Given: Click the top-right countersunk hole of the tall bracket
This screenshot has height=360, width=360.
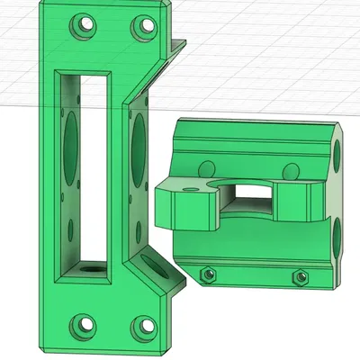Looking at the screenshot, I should pos(142,26).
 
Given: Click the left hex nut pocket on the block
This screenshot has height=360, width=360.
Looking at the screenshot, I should pos(208,273).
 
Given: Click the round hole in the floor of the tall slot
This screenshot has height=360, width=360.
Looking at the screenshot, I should pos(88,267).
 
